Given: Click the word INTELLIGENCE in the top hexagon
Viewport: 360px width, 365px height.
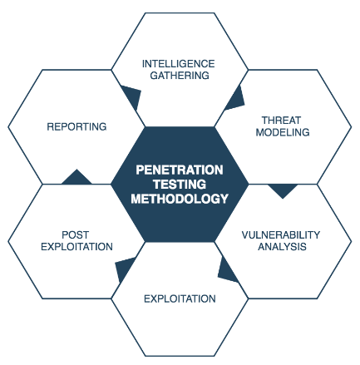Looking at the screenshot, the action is click(x=178, y=64).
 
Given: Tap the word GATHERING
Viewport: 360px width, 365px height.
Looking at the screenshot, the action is click(x=180, y=76).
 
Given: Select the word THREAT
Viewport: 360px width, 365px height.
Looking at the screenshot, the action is click(x=282, y=121).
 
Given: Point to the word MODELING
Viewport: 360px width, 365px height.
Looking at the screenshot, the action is click(x=283, y=132).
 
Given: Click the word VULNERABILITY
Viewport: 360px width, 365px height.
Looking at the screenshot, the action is click(x=281, y=235).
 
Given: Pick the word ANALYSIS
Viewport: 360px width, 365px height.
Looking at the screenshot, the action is click(x=282, y=247).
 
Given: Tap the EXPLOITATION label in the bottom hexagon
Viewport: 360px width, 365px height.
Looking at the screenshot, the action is click(x=180, y=298).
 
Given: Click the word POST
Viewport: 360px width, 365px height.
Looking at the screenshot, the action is click(x=75, y=235).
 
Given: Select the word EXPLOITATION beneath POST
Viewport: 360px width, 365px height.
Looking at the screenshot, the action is click(x=76, y=247).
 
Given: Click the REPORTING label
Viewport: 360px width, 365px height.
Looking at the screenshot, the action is click(x=76, y=126).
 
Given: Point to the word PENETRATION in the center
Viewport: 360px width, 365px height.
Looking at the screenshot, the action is click(x=180, y=170).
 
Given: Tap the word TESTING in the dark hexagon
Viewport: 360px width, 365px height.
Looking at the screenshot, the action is click(x=180, y=185).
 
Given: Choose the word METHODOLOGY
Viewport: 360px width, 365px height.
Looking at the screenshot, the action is click(x=180, y=199).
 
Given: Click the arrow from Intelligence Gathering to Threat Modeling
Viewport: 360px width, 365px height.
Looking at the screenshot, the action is click(x=236, y=100).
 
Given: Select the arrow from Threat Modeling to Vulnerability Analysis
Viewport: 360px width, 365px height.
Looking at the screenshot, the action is click(x=283, y=190).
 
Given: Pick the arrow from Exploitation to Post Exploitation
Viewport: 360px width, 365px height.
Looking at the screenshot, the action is click(x=123, y=269).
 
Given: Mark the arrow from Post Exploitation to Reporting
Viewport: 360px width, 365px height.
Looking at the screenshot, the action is click(x=76, y=178).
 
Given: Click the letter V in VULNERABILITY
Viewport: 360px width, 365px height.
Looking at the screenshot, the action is click(x=245, y=235).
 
